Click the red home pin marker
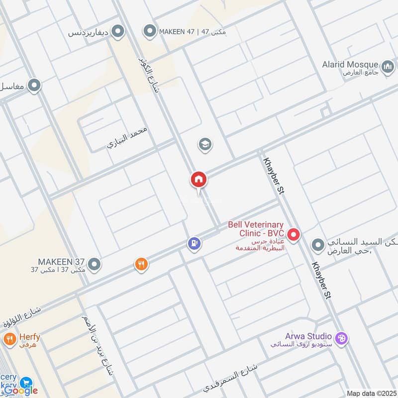pyautogui.click(x=198, y=179)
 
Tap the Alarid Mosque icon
pyautogui.click(x=388, y=66)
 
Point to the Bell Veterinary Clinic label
pyautogui.click(x=256, y=229)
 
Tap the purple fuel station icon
pyautogui.click(x=194, y=244)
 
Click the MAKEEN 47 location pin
pyautogui.click(x=149, y=32)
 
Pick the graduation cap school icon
pyautogui.click(x=204, y=145)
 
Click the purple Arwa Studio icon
pyautogui.click(x=341, y=338)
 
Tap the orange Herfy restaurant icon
pyautogui.click(x=9, y=340)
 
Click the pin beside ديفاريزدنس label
pyautogui.click(x=118, y=33)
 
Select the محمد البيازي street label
pyautogui.click(x=128, y=138)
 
